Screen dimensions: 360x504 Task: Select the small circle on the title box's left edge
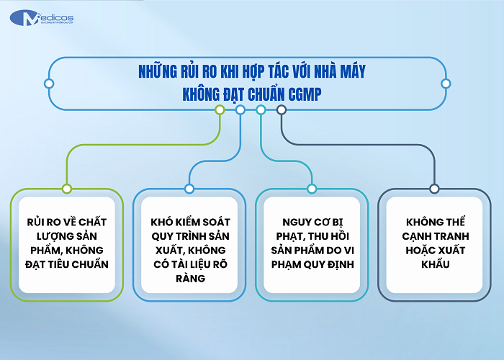(x=49, y=83)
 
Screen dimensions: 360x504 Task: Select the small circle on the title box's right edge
(x=446, y=84)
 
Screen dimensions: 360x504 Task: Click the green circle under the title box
(x=220, y=110)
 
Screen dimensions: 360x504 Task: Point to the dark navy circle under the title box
(x=282, y=110)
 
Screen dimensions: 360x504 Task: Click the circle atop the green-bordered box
(x=67, y=189)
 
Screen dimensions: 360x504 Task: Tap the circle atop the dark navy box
(x=434, y=189)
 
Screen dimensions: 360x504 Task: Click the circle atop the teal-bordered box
(x=312, y=189)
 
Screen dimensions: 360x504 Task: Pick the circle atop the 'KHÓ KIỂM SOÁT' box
(x=189, y=189)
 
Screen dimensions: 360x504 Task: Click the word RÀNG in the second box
(x=189, y=277)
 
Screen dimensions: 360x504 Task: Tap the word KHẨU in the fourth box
(x=433, y=264)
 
